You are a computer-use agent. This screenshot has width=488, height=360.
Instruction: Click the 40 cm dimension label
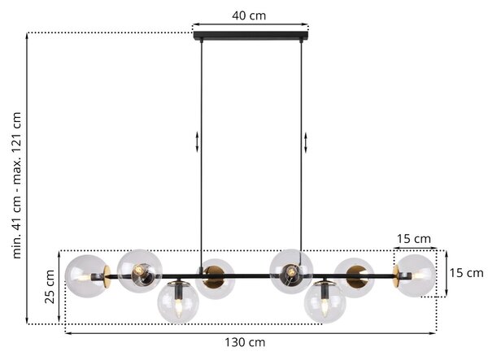pyautogui.click(x=249, y=15)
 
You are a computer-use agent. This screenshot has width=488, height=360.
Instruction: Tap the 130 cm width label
pyautogui.click(x=245, y=342)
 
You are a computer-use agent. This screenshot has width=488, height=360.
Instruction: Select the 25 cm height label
pyautogui.click(x=50, y=287)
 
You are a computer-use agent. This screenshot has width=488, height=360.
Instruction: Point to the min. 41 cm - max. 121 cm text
pyautogui.click(x=16, y=185)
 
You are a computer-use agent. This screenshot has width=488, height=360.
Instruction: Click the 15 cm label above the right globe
pyautogui.click(x=414, y=239)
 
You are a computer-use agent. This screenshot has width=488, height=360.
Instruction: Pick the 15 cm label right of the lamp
pyautogui.click(x=466, y=273)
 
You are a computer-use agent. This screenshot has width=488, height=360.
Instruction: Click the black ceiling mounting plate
pyautogui.click(x=251, y=36)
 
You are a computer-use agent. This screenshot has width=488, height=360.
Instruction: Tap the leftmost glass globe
pyautogui.click(x=86, y=276)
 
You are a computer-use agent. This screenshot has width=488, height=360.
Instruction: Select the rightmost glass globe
pyautogui.click(x=415, y=275)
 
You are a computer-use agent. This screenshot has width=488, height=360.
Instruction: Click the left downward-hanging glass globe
pyautogui.click(x=177, y=302)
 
